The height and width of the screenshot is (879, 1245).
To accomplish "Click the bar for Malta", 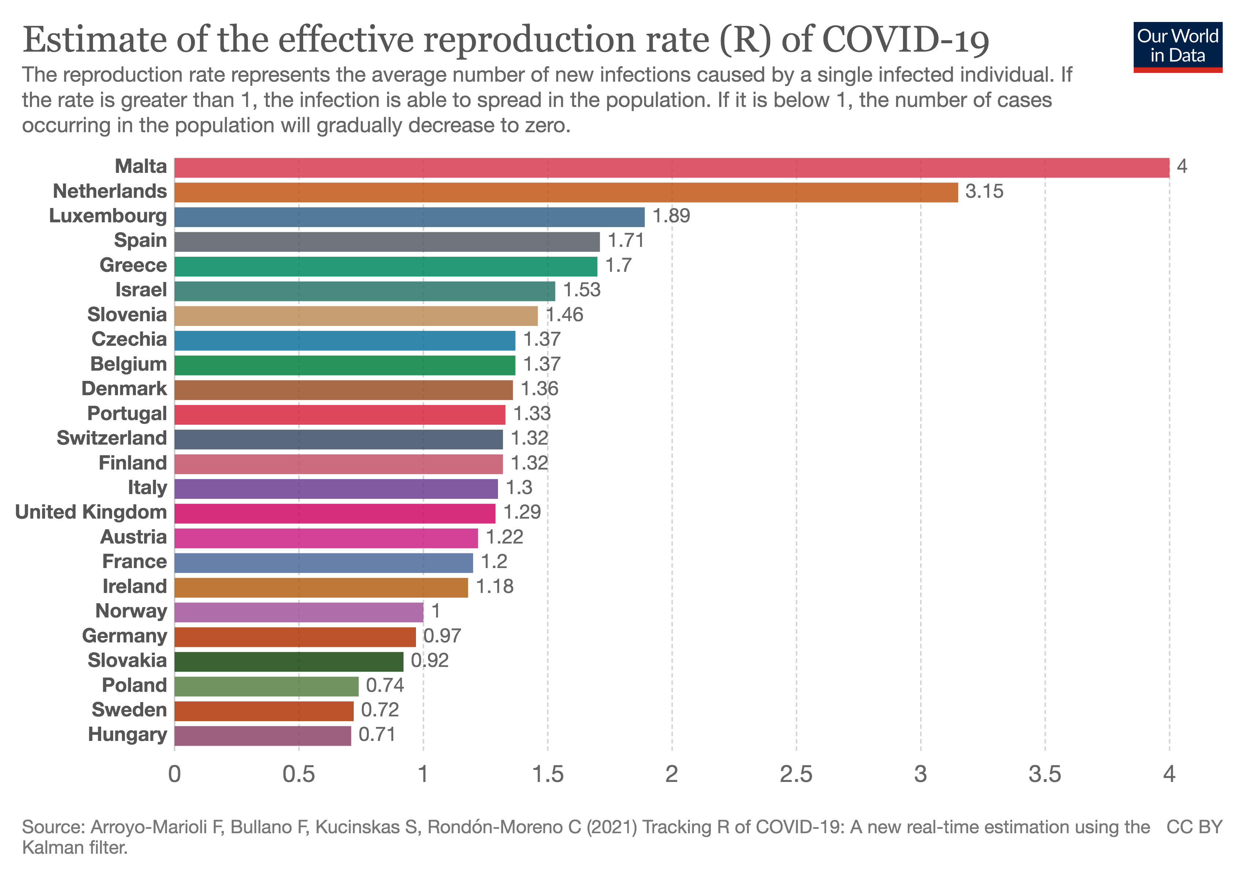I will pos(671,167).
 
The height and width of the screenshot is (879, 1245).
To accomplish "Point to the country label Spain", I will pos(141,240).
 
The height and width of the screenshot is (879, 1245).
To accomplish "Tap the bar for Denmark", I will pos(343,389).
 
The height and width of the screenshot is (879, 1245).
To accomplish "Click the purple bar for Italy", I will pos(336,489).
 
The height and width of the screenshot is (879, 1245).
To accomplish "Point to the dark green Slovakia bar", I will pos(289,661).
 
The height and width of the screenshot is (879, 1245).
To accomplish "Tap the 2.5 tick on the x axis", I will pos(796,774).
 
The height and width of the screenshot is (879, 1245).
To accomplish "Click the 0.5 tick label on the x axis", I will pos(299,774).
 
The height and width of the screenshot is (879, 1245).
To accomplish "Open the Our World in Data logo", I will pos(1177,47).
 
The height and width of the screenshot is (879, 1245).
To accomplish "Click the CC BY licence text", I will pos(1194,827).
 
